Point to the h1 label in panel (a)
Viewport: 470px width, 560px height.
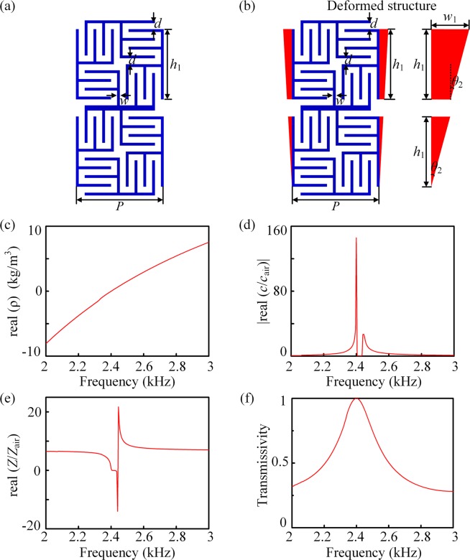tap(177, 64)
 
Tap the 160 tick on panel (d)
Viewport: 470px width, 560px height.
tap(275, 230)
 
